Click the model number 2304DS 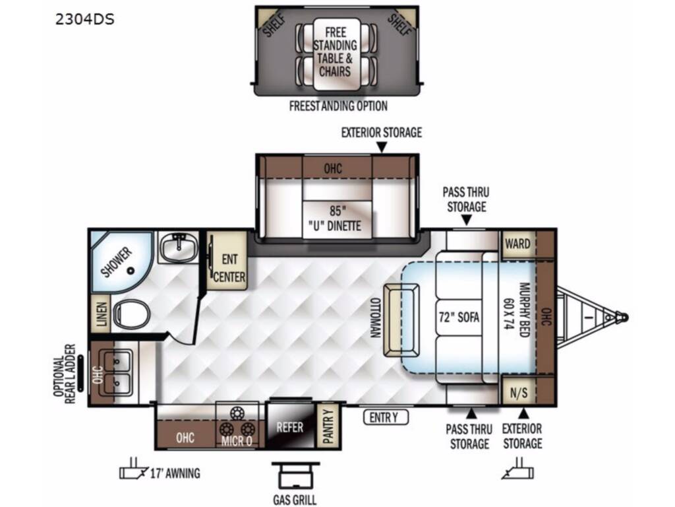[85, 19]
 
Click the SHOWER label [116, 261]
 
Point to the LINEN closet [101, 314]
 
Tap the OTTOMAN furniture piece [402, 320]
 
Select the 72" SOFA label [459, 317]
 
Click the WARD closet [517, 244]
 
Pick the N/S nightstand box [519, 391]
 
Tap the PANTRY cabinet [328, 426]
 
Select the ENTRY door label [386, 417]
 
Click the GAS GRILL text [295, 500]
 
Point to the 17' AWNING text [175, 473]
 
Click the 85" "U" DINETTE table [337, 219]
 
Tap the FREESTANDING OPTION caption [338, 106]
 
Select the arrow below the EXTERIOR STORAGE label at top [382, 147]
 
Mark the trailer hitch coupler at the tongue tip [622, 318]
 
